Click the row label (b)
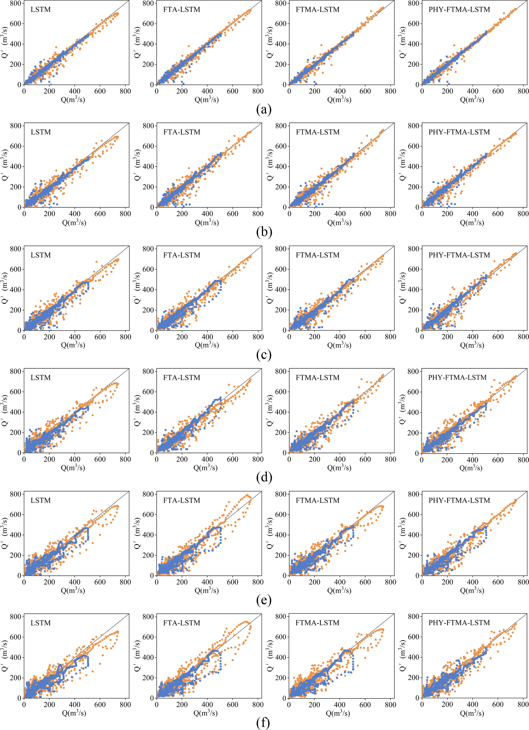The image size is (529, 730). coord(264,232)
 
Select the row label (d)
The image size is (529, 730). coord(264,477)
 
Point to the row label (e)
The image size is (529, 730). coord(264,600)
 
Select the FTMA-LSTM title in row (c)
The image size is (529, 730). coord(318,255)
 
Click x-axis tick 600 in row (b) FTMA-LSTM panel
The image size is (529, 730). coord(365,214)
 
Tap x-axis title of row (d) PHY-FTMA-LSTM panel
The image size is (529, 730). coord(471,468)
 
